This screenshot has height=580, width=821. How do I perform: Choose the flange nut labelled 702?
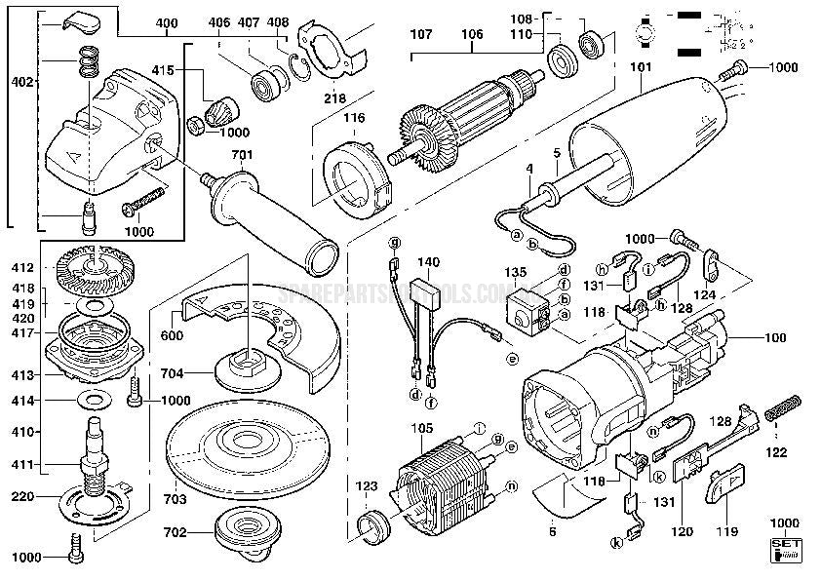243,533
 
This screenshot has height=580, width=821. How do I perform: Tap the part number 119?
726,533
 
